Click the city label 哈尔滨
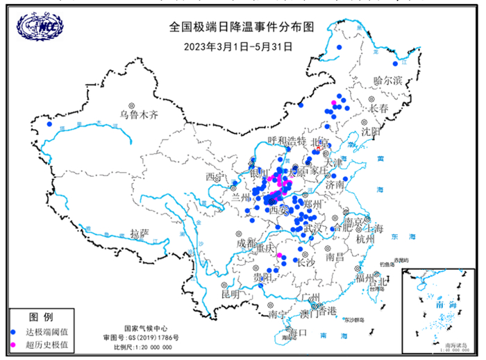[x=388, y=80]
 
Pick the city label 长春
[x=380, y=109]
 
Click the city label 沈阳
[x=371, y=130]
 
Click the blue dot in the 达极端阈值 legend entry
[x=15, y=332]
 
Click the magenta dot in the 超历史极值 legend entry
[x=15, y=344]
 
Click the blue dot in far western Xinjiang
[x=49, y=125]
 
